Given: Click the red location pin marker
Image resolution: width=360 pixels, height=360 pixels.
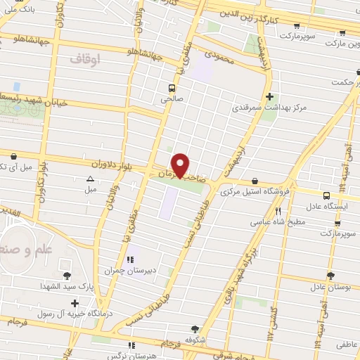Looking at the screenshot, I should [x=181, y=165].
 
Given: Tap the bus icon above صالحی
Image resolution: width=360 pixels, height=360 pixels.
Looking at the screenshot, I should [x=172, y=89].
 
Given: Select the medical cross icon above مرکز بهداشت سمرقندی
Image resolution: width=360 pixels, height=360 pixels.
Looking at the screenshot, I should [x=269, y=96].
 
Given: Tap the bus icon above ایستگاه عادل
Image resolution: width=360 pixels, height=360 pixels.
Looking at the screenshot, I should [x=326, y=195].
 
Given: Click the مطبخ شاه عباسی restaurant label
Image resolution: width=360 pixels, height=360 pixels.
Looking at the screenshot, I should [x=278, y=222].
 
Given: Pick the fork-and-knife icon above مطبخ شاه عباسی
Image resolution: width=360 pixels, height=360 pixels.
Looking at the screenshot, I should [x=278, y=211].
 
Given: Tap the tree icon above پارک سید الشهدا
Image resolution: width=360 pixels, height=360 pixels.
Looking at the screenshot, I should [x=67, y=275].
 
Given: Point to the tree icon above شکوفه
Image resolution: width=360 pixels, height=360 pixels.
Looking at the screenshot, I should [x=194, y=328].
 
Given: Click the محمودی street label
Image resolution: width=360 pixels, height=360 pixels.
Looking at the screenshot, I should [x=218, y=53].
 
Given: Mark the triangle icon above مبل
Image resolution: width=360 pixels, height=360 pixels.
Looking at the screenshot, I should [x=90, y=178].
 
